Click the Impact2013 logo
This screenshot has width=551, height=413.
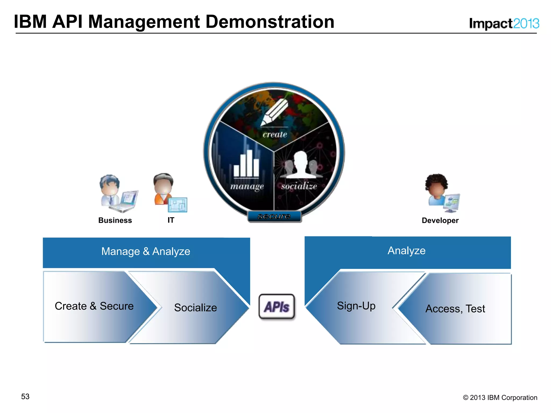click(x=504, y=24)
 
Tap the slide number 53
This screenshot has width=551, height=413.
click(x=25, y=396)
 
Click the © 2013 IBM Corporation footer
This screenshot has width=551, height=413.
click(x=500, y=397)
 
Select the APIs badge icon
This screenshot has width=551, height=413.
click(x=277, y=307)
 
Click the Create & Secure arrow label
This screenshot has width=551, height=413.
click(x=94, y=306)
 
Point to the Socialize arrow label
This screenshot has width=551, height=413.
click(x=195, y=308)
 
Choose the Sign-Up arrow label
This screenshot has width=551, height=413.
click(x=356, y=306)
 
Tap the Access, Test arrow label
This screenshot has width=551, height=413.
click(x=455, y=309)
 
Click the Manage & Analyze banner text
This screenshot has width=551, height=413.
click(x=146, y=251)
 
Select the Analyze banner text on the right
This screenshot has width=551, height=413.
click(x=407, y=251)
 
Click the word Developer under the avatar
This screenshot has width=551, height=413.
click(x=440, y=220)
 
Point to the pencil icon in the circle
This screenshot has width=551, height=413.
click(x=274, y=112)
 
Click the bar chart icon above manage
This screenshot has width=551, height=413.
click(x=246, y=163)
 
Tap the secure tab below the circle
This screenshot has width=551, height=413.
click(x=274, y=216)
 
